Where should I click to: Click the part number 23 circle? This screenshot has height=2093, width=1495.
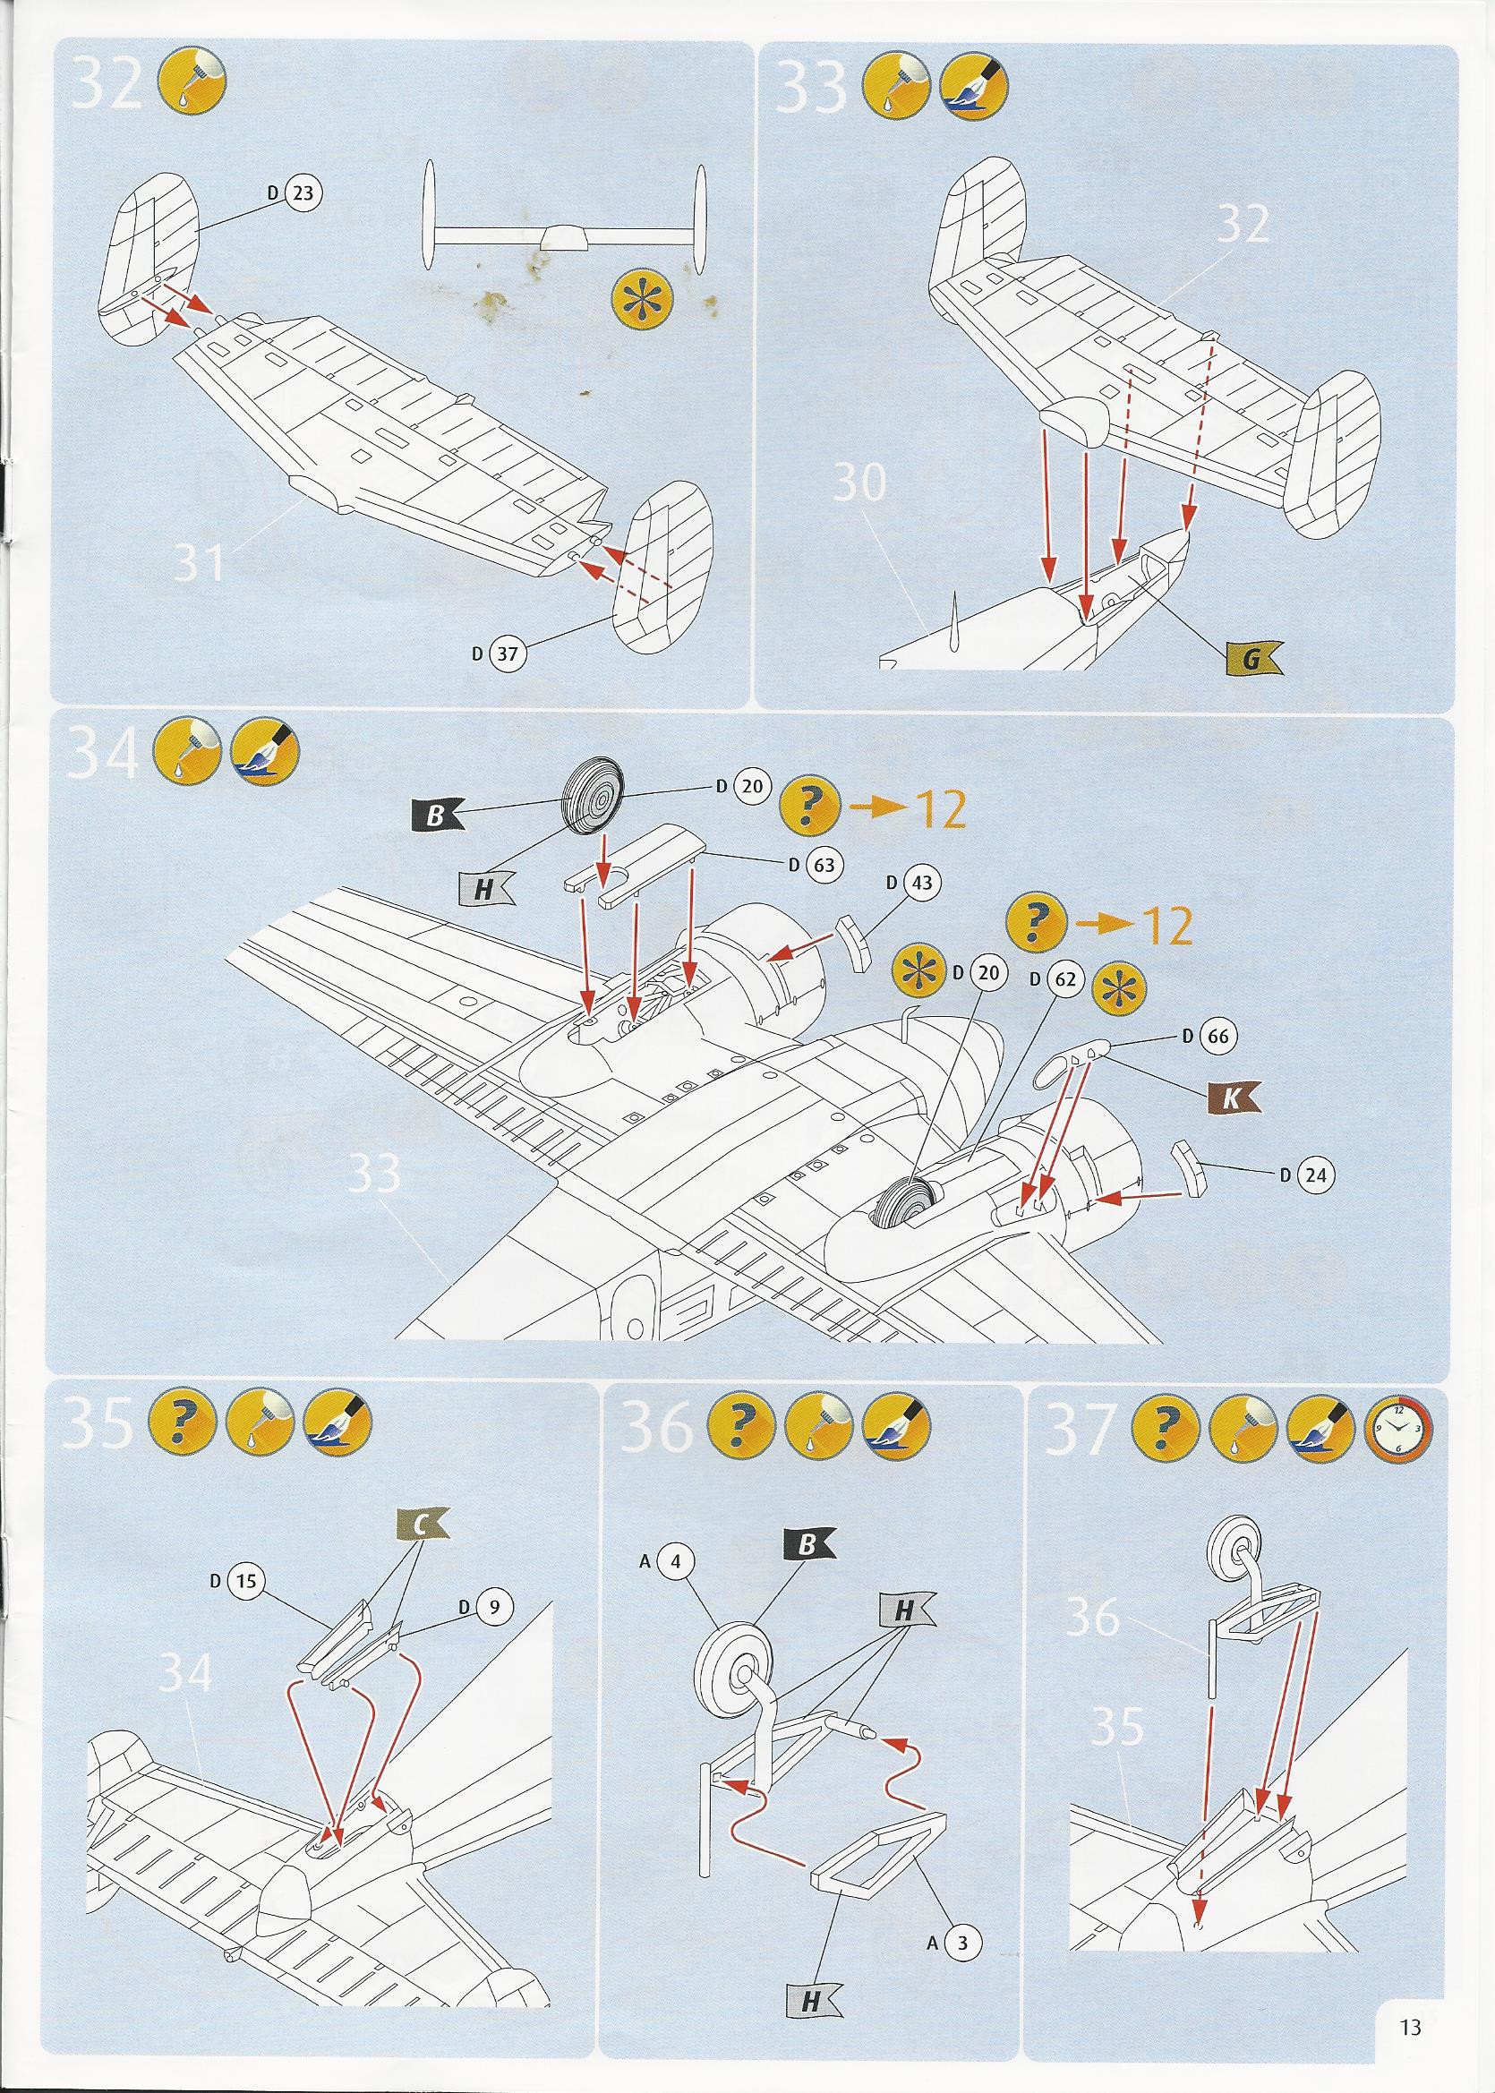303,193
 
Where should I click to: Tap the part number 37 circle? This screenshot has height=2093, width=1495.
507,654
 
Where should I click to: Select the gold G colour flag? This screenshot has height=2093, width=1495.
1253,657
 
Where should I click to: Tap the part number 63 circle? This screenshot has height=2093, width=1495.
824,864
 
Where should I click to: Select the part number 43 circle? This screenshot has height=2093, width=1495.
921,883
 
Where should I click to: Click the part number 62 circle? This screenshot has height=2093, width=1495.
1064,979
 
